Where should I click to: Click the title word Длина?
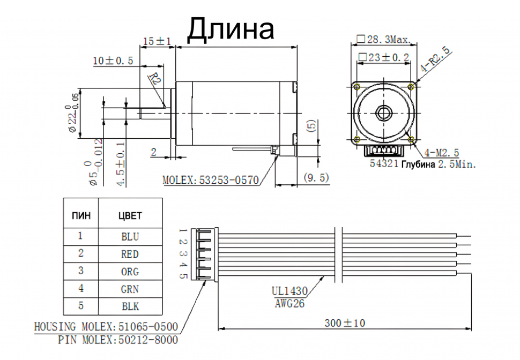pyautogui.click(x=231, y=29)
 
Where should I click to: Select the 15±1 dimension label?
pyautogui.click(x=158, y=42)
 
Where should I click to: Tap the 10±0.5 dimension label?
pyautogui.click(x=113, y=61)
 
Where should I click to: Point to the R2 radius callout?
pyautogui.click(x=155, y=80)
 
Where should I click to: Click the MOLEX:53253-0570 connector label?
pyautogui.click(x=211, y=181)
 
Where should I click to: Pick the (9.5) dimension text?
pyautogui.click(x=316, y=178)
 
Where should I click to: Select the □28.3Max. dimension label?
pyautogui.click(x=384, y=40)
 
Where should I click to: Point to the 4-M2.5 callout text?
pyautogui.click(x=442, y=153)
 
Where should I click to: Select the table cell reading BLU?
pyautogui.click(x=130, y=236)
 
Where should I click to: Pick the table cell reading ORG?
pyautogui.click(x=130, y=272)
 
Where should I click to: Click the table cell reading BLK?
pyautogui.click(x=130, y=306)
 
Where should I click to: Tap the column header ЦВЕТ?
pyautogui.click(x=130, y=216)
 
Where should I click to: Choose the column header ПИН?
pyautogui.click(x=81, y=216)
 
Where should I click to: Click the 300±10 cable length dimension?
pyautogui.click(x=345, y=323)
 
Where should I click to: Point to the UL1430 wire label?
pyautogui.click(x=289, y=291)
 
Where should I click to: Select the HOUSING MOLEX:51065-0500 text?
pyautogui.click(x=106, y=327)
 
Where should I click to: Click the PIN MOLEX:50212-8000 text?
pyautogui.click(x=118, y=340)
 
